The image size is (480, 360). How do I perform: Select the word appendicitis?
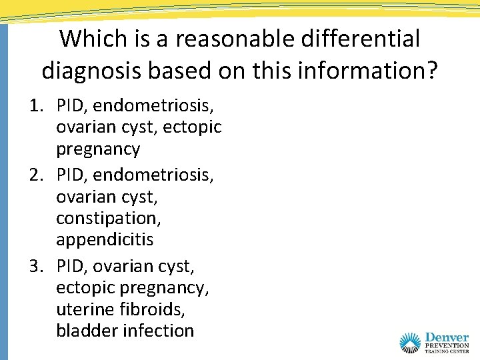click(x=105, y=240)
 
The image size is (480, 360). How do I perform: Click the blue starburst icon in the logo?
click(x=411, y=343)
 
